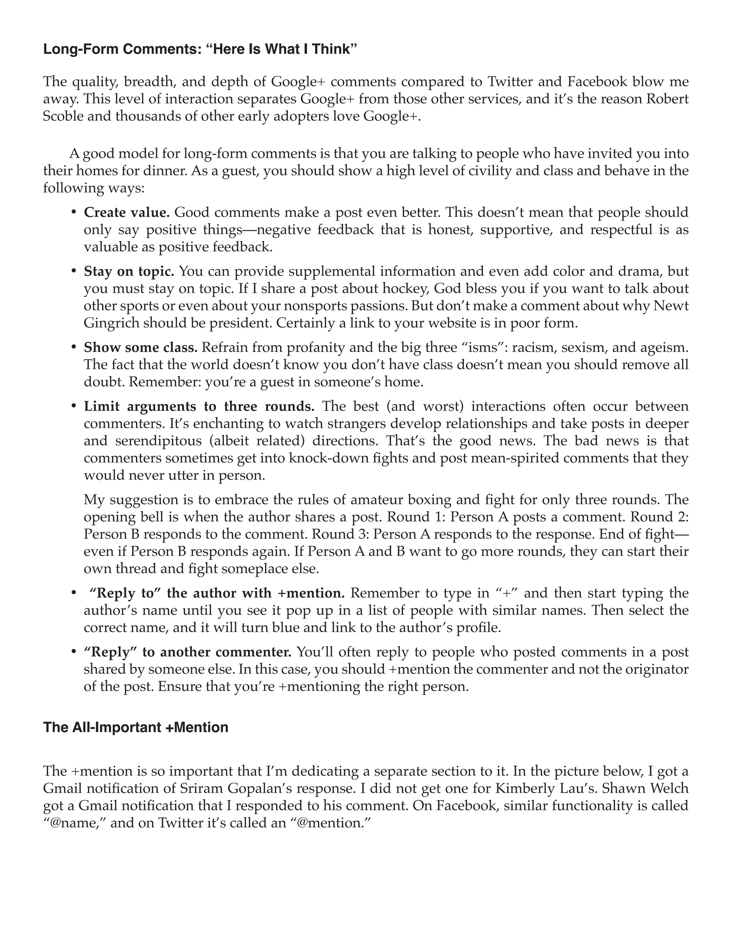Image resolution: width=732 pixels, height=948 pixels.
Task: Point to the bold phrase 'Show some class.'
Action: point(140,347)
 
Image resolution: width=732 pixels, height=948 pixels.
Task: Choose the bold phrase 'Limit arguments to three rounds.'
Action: point(199,406)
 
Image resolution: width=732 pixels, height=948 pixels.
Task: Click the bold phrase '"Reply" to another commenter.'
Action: point(187,652)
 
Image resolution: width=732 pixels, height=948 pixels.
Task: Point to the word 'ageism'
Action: point(665,347)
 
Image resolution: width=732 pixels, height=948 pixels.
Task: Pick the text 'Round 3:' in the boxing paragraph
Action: point(340,534)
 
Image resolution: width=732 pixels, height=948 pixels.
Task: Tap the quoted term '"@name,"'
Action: point(75,823)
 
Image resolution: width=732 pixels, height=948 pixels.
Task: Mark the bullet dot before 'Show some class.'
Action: point(74,347)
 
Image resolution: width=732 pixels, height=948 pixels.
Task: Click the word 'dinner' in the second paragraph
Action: point(165,171)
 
